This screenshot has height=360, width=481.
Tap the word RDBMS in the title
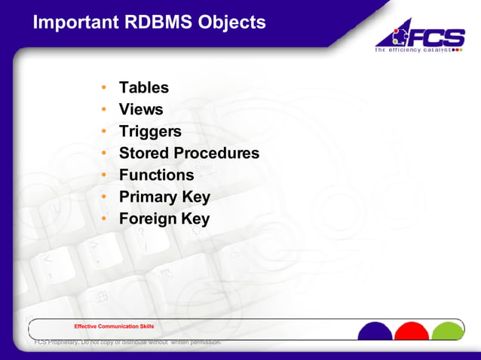tap(158, 23)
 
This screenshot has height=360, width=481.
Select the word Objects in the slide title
tap(231, 23)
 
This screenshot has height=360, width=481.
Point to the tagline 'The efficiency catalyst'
tap(413, 50)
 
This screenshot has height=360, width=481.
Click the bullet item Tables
tap(143, 88)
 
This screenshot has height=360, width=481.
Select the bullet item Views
tap(140, 110)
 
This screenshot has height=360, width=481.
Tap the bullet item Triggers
tap(150, 132)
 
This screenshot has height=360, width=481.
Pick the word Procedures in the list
tap(216, 154)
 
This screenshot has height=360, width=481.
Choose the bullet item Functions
tap(156, 175)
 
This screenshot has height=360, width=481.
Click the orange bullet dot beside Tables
tap(104, 88)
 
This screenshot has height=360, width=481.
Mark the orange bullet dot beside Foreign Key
tap(104, 219)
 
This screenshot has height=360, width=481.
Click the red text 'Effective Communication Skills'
tap(114, 326)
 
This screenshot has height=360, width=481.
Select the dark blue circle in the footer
tap(375, 332)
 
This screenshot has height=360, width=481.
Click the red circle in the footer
tap(412, 332)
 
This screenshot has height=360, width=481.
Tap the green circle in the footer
tap(449, 332)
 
